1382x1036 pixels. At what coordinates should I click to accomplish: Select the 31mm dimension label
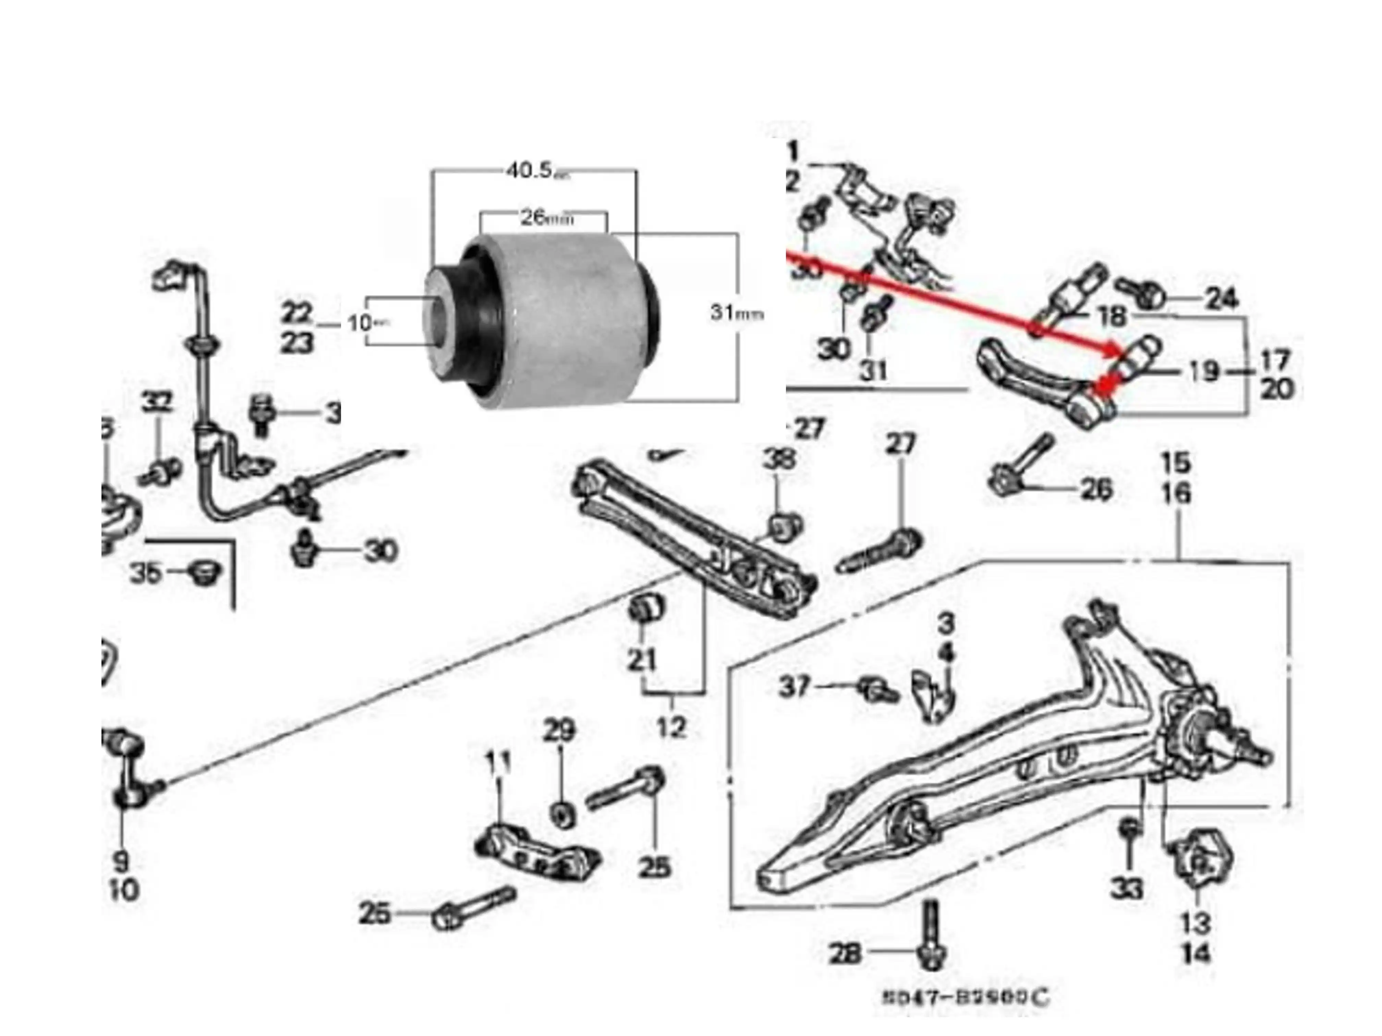pos(736,312)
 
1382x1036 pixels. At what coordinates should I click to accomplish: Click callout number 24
pos(1222,299)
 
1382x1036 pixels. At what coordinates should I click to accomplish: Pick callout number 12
pos(671,726)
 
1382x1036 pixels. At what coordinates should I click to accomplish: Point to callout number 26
pos(1096,489)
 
